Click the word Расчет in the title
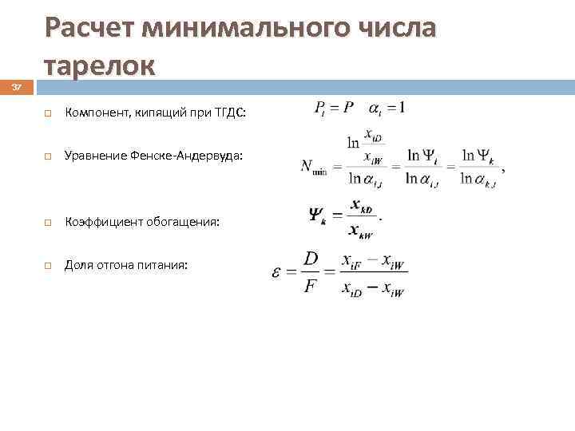pos(89,29)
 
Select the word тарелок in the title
pos(100,65)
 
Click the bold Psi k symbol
pos(317,215)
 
